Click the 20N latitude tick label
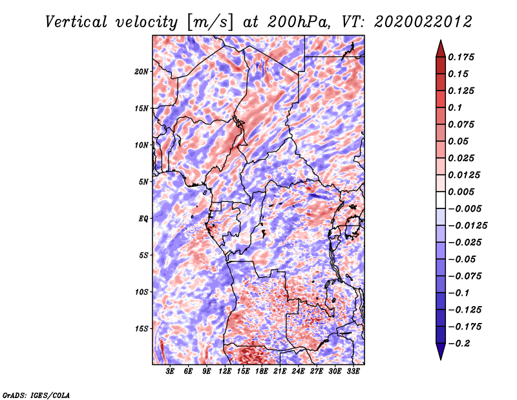(142, 72)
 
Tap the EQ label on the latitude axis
(143, 219)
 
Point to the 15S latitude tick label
(142, 329)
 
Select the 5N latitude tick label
(143, 182)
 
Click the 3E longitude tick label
(170, 372)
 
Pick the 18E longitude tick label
(262, 372)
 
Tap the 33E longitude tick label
(353, 372)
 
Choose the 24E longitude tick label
(298, 372)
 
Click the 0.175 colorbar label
(461, 57)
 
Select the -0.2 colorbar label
(459, 344)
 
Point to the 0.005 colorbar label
(461, 192)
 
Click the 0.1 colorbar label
(455, 107)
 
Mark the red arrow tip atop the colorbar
(441, 40)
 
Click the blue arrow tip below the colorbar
(441, 359)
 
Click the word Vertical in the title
(76, 22)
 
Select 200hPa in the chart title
(299, 22)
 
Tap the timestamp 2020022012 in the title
(423, 22)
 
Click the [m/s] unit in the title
(210, 23)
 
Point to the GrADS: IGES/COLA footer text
(36, 395)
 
